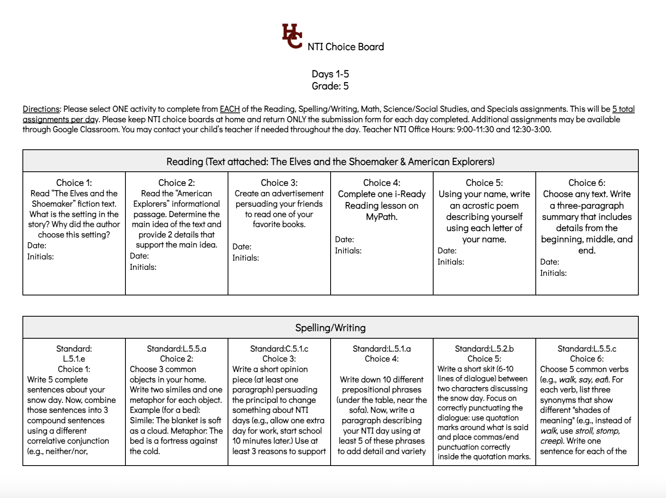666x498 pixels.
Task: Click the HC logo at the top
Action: tap(292, 36)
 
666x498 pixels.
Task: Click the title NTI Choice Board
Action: tap(345, 47)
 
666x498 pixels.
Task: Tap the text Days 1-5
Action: tap(330, 74)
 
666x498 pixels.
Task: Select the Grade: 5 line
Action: tap(330, 86)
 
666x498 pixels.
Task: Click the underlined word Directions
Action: tap(41, 109)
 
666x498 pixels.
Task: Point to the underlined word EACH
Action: tap(230, 109)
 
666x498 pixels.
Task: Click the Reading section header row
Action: tap(330, 161)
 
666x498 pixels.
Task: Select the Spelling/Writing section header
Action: tap(330, 328)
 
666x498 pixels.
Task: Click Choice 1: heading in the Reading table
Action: tap(74, 183)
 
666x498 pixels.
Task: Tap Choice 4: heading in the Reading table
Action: tap(381, 183)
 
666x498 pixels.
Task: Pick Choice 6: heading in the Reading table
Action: tap(587, 183)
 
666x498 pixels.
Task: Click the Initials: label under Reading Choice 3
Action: tap(246, 258)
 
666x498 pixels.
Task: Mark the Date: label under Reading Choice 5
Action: tap(447, 251)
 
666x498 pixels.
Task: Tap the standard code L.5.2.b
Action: tap(502, 349)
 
